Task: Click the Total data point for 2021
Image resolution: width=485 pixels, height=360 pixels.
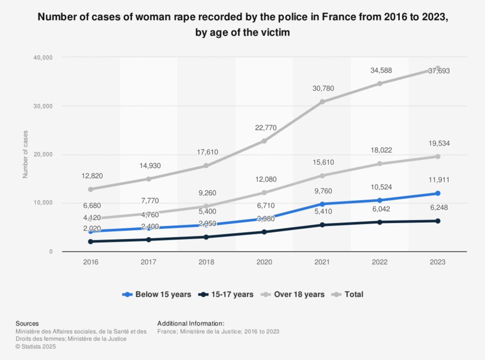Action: coord(322,102)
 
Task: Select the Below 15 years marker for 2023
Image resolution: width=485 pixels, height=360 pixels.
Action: coord(438,193)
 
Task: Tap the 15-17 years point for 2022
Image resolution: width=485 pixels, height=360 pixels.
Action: coord(380,222)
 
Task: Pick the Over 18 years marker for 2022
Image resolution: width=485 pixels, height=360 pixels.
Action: coord(380,164)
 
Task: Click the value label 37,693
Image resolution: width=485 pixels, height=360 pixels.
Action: coord(439,71)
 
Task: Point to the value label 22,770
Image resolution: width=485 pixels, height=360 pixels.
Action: coord(266,128)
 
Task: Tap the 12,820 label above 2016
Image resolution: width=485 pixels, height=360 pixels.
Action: coord(92,176)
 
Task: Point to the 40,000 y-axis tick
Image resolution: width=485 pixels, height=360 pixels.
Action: coord(43,58)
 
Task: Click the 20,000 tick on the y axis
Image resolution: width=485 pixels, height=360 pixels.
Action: coord(43,154)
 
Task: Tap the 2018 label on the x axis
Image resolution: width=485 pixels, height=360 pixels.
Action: coord(206,262)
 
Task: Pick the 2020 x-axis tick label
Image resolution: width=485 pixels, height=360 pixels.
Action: coord(264,262)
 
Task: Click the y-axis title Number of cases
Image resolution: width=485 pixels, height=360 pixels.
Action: coord(25,154)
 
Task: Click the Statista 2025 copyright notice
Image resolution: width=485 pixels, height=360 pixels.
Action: coord(36,346)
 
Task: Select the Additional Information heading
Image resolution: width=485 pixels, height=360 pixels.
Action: coord(191,324)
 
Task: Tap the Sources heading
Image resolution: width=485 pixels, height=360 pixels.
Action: coord(27,324)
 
